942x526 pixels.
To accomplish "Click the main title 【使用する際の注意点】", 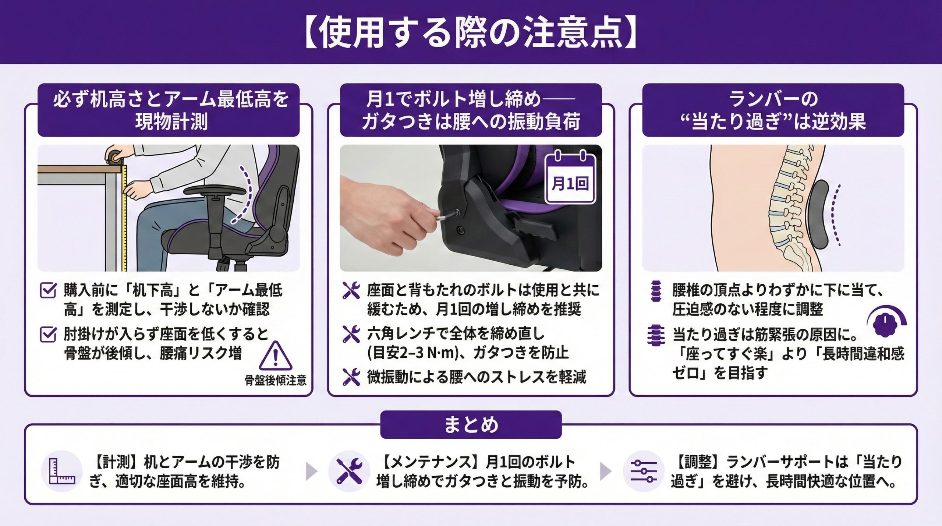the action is click(x=471, y=32).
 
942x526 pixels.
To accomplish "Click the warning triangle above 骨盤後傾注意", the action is click(x=276, y=356).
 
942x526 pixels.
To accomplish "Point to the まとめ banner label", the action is click(x=471, y=425).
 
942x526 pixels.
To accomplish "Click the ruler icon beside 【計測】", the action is click(x=62, y=471).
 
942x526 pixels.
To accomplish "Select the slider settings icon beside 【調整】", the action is click(x=644, y=471).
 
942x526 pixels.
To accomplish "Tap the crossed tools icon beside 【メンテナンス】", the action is click(x=349, y=471).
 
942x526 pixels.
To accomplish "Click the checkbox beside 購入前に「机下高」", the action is click(x=48, y=290).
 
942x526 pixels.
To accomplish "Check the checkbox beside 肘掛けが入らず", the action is click(x=48, y=335).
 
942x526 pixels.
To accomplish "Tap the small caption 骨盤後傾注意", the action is click(x=276, y=380).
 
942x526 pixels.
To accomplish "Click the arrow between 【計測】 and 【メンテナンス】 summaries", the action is click(x=311, y=472).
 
